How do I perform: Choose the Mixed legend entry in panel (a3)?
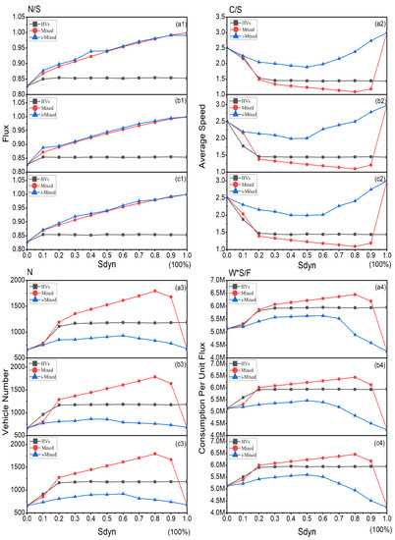pyautogui.click(x=59, y=294)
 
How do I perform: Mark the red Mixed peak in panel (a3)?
pyautogui.click(x=156, y=291)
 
